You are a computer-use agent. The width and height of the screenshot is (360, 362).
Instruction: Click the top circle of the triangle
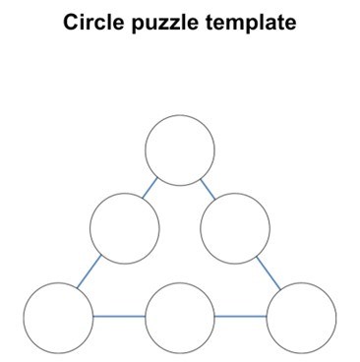(x=180, y=151)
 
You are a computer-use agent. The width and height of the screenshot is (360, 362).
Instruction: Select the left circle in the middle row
(x=125, y=228)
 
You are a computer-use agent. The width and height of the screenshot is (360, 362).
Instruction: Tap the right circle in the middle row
(x=235, y=228)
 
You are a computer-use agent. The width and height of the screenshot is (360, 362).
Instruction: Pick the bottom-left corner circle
(x=58, y=317)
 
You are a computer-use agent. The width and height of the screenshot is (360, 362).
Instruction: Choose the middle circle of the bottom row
(x=180, y=317)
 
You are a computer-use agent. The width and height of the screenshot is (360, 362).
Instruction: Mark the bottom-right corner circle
(x=302, y=317)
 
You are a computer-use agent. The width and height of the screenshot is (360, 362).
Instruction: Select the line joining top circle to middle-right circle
(x=208, y=188)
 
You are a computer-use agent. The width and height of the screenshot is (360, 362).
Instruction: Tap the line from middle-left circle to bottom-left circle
(x=90, y=272)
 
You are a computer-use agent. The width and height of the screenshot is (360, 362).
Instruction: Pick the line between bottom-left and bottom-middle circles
(x=119, y=317)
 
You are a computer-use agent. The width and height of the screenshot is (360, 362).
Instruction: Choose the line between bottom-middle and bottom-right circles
(x=241, y=317)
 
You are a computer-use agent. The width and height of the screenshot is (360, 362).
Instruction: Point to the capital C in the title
(x=71, y=22)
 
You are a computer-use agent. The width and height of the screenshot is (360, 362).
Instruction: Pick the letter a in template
(x=270, y=24)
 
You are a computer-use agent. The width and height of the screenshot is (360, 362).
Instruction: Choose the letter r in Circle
(x=90, y=24)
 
